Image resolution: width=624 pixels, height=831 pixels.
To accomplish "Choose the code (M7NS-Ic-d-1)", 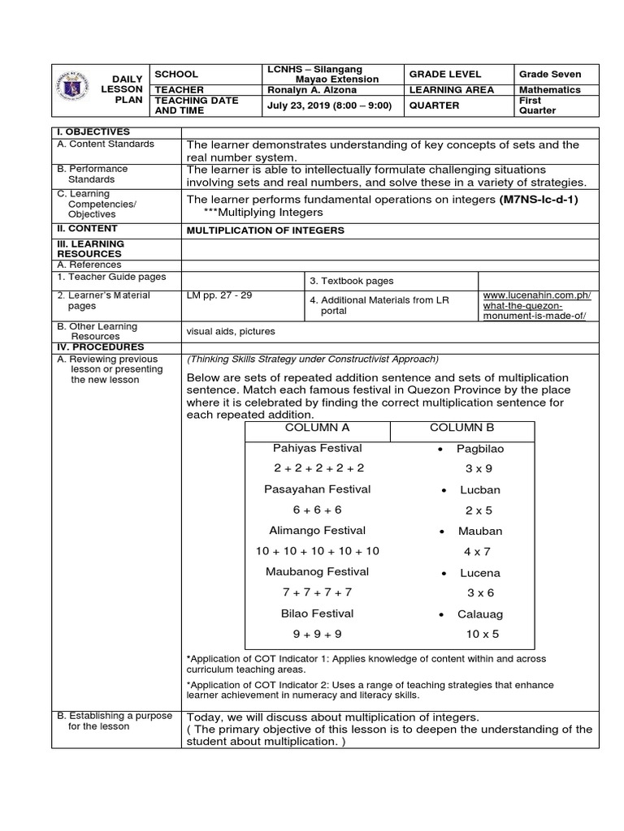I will coord(538,199).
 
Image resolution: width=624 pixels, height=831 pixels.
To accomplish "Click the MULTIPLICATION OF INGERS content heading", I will coord(266,230).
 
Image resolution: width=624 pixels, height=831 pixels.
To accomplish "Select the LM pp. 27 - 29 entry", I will coord(219,295).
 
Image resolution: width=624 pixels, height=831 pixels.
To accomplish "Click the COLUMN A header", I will coord(318,428).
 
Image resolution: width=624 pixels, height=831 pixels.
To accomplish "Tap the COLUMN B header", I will coord(461,428).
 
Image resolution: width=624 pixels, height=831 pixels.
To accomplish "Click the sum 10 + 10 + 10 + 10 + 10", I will coord(318,551).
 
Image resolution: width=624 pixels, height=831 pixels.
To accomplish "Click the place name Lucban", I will coord(480,490).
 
